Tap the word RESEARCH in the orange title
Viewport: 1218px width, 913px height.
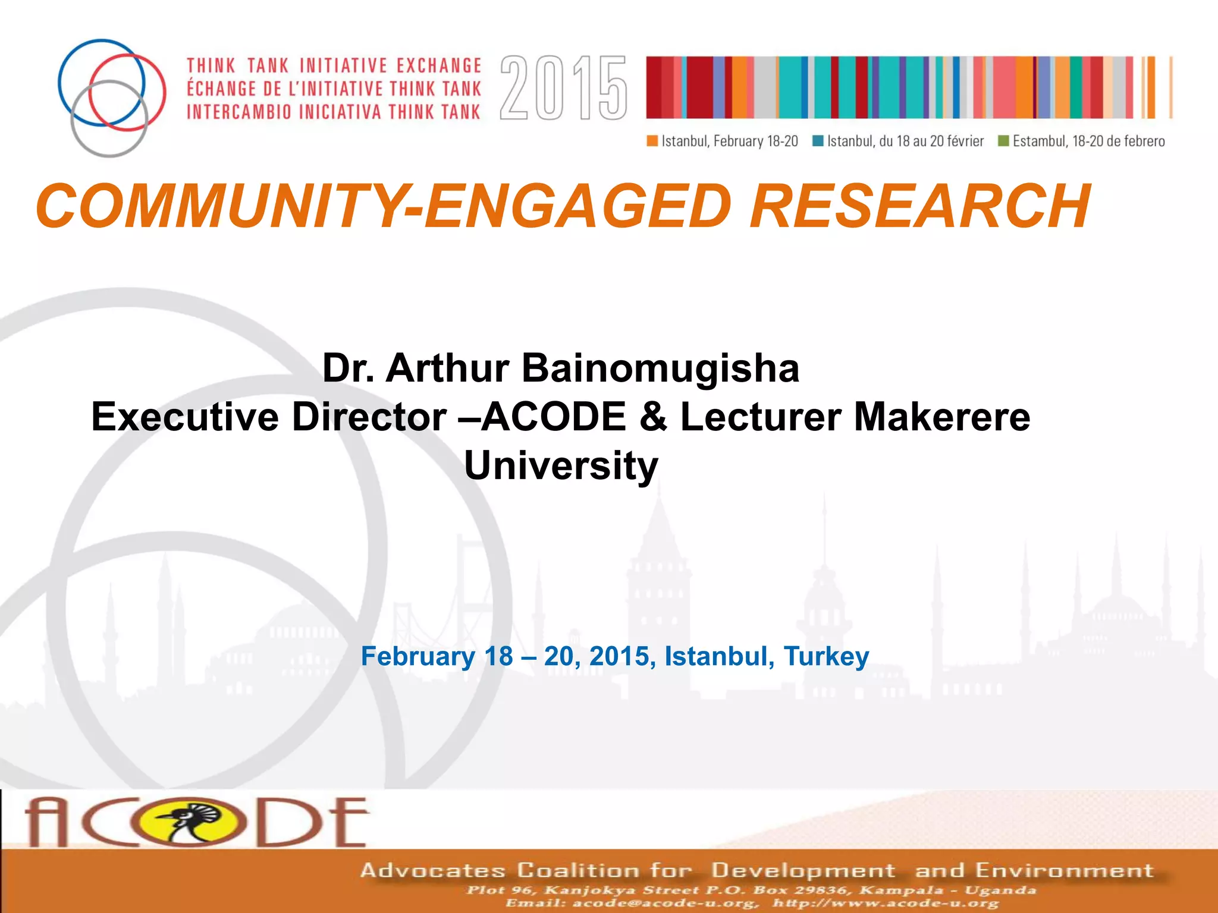click(x=919, y=206)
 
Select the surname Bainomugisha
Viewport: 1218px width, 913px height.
click(x=660, y=368)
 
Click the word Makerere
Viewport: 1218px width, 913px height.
click(x=942, y=417)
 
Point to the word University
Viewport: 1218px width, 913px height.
click(x=561, y=465)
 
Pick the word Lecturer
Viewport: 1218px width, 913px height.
click(x=761, y=417)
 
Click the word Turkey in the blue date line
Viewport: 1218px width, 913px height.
click(x=826, y=656)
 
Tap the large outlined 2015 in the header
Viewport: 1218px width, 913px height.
click(x=563, y=88)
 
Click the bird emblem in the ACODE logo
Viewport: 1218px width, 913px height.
click(x=192, y=822)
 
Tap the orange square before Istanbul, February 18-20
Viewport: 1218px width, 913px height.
click(x=652, y=141)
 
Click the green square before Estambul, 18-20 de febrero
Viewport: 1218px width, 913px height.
click(x=1003, y=141)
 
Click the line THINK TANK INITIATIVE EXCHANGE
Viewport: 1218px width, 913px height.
click(x=334, y=65)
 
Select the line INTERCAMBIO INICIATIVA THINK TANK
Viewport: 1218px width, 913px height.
click(x=333, y=112)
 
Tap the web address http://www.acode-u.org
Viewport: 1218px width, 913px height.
click(x=886, y=903)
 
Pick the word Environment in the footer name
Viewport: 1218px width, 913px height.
click(x=1064, y=870)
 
